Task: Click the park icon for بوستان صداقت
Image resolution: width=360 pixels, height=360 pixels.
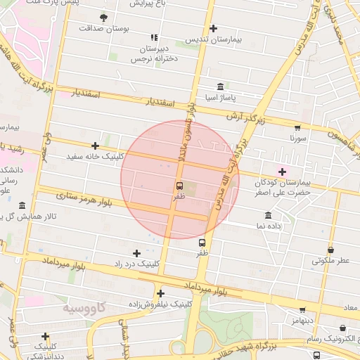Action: pyautogui.click(x=104, y=18)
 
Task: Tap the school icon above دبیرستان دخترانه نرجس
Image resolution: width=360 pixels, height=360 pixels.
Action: pyautogui.click(x=154, y=37)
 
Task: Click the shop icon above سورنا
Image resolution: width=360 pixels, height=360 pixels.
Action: pyautogui.click(x=297, y=128)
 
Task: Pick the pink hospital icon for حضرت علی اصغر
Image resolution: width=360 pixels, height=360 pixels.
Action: pyautogui.click(x=283, y=172)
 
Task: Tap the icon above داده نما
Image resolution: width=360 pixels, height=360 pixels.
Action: pyautogui.click(x=268, y=215)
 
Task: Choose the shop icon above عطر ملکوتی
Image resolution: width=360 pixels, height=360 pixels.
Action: pyautogui.click(x=330, y=250)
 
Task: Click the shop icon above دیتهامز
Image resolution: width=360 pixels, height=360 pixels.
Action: pyautogui.click(x=302, y=309)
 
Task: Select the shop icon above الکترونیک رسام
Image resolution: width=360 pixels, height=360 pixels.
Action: pyautogui.click(x=342, y=328)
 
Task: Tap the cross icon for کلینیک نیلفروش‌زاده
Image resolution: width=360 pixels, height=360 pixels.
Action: pyautogui.click(x=161, y=294)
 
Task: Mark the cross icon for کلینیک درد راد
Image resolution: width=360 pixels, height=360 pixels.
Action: pyautogui.click(x=136, y=253)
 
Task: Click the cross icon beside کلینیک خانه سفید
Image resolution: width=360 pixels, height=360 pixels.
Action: pyautogui.click(x=95, y=146)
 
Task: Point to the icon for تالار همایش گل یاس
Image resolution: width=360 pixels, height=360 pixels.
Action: pyautogui.click(x=22, y=206)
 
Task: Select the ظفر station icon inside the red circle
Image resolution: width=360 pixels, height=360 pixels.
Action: pyautogui.click(x=179, y=186)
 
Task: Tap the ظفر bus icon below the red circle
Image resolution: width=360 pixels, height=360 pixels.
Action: pyautogui.click(x=202, y=243)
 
